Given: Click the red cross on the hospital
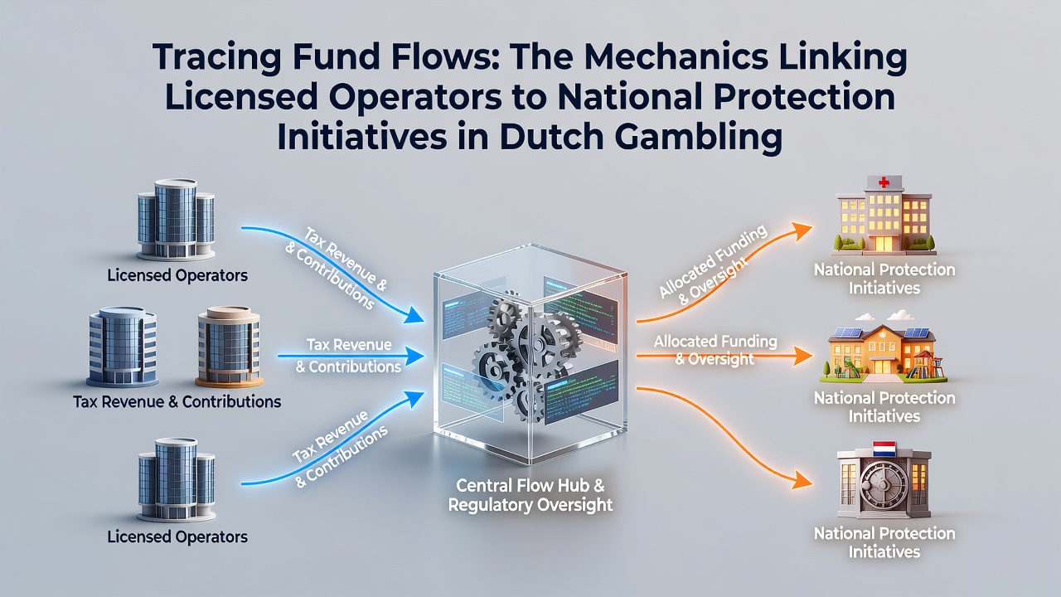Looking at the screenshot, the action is [884, 182].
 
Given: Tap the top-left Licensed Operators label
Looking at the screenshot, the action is [177, 275].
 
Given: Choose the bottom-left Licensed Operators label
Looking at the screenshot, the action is [177, 536].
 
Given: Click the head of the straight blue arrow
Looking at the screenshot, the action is [416, 356].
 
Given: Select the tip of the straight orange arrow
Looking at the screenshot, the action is [812, 356].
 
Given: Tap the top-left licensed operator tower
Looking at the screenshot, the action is [176, 220].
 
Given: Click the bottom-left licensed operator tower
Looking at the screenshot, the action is [177, 479].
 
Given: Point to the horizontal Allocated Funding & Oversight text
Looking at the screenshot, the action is [715, 350].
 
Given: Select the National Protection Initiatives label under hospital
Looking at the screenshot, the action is [884, 279].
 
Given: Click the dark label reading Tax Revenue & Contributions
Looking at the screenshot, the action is [177, 402].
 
